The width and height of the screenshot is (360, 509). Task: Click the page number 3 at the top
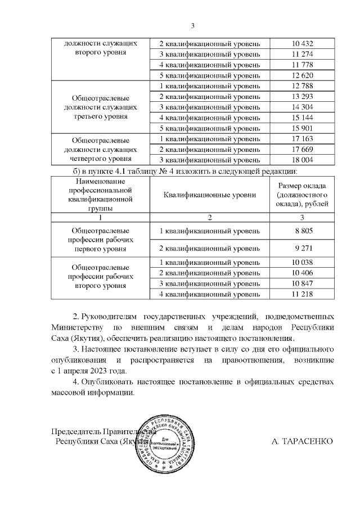tap(192, 25)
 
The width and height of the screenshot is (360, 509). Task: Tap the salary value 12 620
tap(302, 75)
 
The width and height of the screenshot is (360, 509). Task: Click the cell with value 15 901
tap(302, 128)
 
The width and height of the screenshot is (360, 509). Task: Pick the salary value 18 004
tap(302, 160)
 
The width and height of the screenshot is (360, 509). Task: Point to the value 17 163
tap(302, 139)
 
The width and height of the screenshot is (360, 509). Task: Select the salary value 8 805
tap(303, 231)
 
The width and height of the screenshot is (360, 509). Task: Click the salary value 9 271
tap(303, 247)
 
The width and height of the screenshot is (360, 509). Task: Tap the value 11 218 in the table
tap(302, 294)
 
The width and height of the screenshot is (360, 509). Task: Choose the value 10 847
tap(302, 283)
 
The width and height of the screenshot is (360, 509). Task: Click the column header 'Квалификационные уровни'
tap(210, 195)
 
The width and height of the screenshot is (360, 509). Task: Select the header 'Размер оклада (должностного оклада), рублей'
tap(303, 195)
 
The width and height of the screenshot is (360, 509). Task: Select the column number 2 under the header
tap(210, 218)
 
